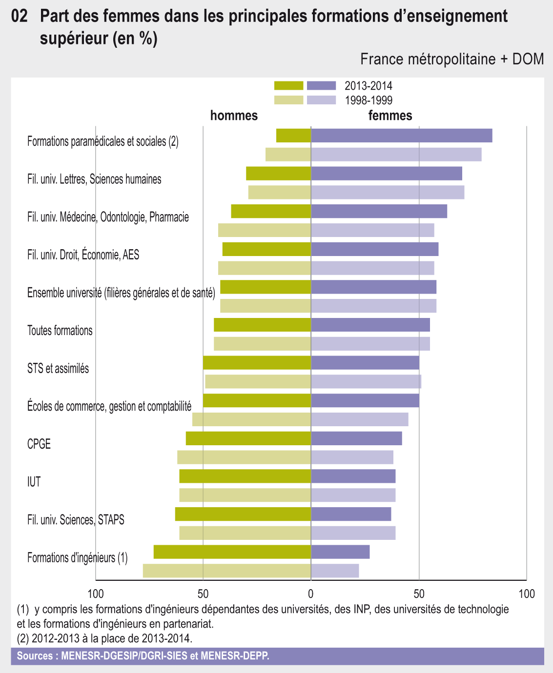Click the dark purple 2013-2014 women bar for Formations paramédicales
401,136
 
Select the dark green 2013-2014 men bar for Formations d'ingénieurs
232,552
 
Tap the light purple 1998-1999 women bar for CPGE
352,457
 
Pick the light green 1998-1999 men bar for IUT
245,495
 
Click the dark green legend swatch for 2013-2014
288,86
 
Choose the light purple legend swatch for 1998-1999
322,100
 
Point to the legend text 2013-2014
368,86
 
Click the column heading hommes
234,116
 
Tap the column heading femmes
390,116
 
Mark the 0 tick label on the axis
311,594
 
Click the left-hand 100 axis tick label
95,594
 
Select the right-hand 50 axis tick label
419,594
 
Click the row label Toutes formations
60,331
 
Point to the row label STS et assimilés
58,368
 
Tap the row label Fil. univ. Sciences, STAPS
76,520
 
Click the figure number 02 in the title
19,17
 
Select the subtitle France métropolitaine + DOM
451,59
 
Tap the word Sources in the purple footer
35,656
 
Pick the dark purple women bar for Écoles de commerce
365,400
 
